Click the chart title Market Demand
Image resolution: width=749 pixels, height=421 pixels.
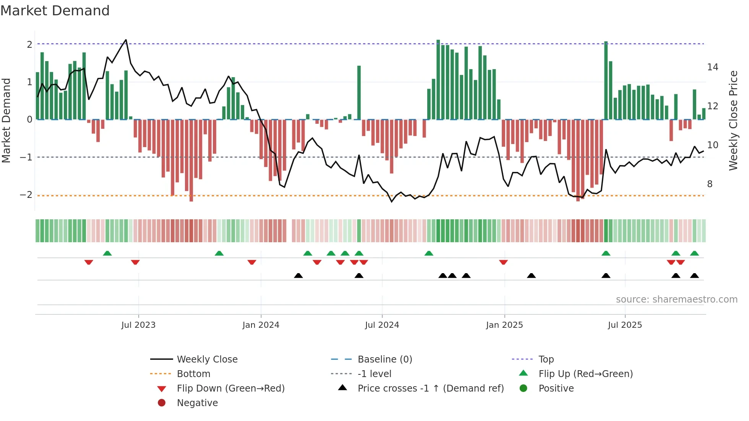(x=55, y=11)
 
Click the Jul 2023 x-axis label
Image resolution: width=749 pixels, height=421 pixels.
(x=138, y=325)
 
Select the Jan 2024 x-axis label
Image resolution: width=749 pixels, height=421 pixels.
(x=261, y=325)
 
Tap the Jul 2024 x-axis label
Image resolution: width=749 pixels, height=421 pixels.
(x=382, y=325)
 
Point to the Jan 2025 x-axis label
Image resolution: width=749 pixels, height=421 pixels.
(x=504, y=325)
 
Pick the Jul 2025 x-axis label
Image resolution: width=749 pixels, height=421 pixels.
(x=625, y=325)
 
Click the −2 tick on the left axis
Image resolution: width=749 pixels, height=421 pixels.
(x=26, y=195)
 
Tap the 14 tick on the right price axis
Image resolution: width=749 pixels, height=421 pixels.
(x=712, y=67)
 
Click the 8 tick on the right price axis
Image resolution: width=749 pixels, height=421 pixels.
(x=710, y=184)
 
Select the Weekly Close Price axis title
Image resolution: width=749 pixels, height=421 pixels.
(x=733, y=120)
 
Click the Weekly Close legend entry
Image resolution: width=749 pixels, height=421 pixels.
(x=207, y=359)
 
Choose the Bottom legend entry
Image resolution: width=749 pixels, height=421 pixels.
(x=193, y=374)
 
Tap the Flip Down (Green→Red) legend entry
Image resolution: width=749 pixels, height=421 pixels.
(x=230, y=389)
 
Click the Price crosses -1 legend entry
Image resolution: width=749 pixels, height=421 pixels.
(x=430, y=389)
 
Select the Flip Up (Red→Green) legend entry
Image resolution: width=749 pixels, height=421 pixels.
(x=585, y=374)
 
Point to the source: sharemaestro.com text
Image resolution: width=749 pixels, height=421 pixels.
(x=676, y=300)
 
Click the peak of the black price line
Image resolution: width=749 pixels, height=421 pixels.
(x=126, y=40)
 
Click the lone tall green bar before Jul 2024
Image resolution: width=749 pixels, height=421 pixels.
(x=359, y=92)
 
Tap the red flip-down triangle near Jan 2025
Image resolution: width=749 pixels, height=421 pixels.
(x=503, y=262)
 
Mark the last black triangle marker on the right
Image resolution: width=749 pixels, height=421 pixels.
(x=694, y=275)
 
